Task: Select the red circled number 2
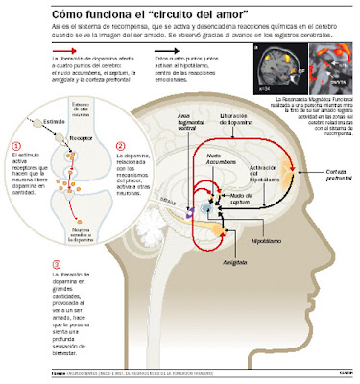click(119, 147)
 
